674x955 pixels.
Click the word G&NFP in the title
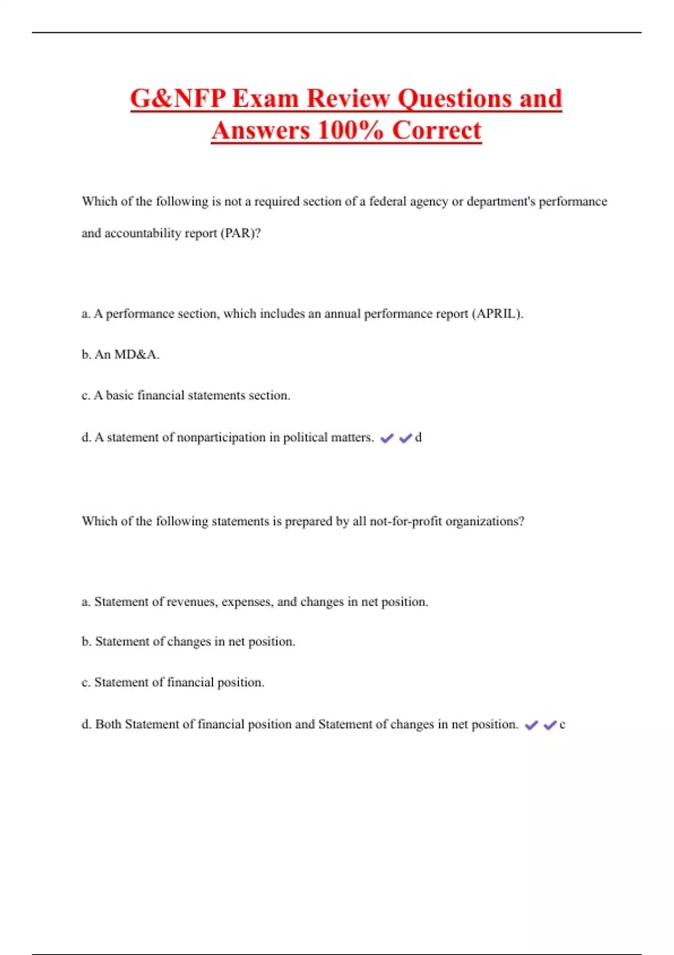178,99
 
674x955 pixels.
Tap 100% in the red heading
350,131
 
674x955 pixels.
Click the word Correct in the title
436,131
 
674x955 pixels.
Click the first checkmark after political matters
387,438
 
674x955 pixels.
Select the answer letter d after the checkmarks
418,438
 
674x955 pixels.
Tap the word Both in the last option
108,725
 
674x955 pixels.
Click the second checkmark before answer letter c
550,725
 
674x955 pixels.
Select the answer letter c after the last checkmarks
562,725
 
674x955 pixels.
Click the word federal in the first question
388,202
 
